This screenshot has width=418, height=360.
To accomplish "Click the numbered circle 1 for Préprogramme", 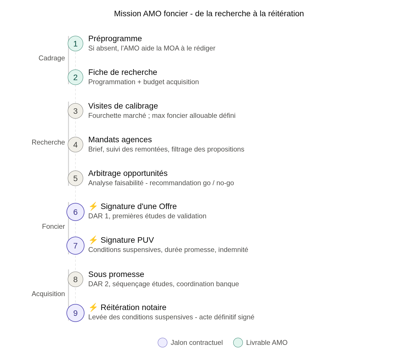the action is pyautogui.click(x=75, y=44).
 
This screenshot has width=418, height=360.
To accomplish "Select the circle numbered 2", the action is pyautogui.click(x=75, y=77).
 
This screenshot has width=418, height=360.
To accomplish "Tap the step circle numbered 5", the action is pyautogui.click(x=75, y=178).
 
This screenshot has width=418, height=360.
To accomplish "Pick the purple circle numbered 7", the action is pyautogui.click(x=75, y=246).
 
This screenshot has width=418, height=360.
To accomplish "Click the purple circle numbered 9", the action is pyautogui.click(x=75, y=313).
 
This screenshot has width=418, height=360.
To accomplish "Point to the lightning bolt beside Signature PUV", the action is pyautogui.click(x=93, y=240).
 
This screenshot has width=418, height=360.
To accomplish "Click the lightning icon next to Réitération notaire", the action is pyautogui.click(x=93, y=307).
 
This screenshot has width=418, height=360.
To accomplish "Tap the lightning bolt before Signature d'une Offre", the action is pyautogui.click(x=93, y=206).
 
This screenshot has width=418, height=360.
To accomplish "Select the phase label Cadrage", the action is pyautogui.click(x=52, y=58).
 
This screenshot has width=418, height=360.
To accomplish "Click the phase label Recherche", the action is pyautogui.click(x=48, y=142).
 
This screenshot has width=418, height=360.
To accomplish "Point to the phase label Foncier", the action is pyautogui.click(x=53, y=226).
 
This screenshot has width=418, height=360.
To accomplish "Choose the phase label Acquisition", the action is pyautogui.click(x=48, y=294).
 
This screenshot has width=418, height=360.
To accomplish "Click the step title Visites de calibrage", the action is pyautogui.click(x=123, y=106).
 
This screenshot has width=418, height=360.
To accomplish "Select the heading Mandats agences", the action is pyautogui.click(x=120, y=140).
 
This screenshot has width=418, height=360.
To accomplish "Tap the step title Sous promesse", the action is pyautogui.click(x=116, y=274).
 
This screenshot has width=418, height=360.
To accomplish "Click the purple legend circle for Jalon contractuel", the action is pyautogui.click(x=163, y=343).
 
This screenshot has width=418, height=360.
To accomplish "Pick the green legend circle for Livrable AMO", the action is pyautogui.click(x=238, y=343).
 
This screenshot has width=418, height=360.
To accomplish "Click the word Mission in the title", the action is pyautogui.click(x=127, y=14).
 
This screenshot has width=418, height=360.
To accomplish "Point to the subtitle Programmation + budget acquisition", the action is pyautogui.click(x=144, y=82).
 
